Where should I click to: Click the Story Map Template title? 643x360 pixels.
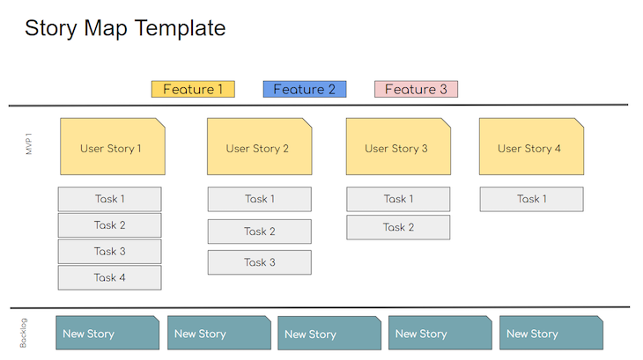coord(125,28)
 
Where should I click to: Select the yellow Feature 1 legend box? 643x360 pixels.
coord(193,89)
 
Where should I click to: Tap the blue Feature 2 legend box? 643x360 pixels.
coord(304,89)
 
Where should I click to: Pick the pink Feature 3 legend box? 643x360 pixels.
coord(416,89)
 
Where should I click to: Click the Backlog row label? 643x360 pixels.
coord(24,334)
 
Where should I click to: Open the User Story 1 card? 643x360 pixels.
coord(111,147)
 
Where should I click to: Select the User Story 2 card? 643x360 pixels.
coord(258,147)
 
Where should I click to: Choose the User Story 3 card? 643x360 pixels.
coord(397,147)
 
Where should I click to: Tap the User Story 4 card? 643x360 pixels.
coord(530,147)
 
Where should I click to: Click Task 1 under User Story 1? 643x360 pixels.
coord(110,199)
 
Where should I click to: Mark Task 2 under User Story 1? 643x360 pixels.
coord(110,225)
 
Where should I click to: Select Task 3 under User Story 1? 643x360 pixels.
coord(110,252)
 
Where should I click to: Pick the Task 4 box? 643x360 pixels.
coord(110,278)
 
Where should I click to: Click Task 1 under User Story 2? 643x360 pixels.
coord(260,199)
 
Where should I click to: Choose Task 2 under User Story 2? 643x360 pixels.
coord(260,231)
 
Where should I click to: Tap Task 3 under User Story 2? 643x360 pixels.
coord(260,262)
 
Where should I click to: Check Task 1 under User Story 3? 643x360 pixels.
coord(398,199)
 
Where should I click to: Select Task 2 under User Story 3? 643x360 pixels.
coord(398,227)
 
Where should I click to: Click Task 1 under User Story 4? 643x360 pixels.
coord(531,199)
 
